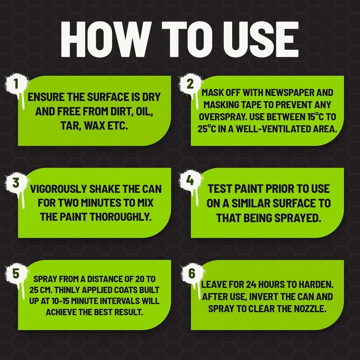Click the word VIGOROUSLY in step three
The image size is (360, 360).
coord(58,189)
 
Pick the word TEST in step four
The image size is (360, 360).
coord(220,189)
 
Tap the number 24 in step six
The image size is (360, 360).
coord(252,285)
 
